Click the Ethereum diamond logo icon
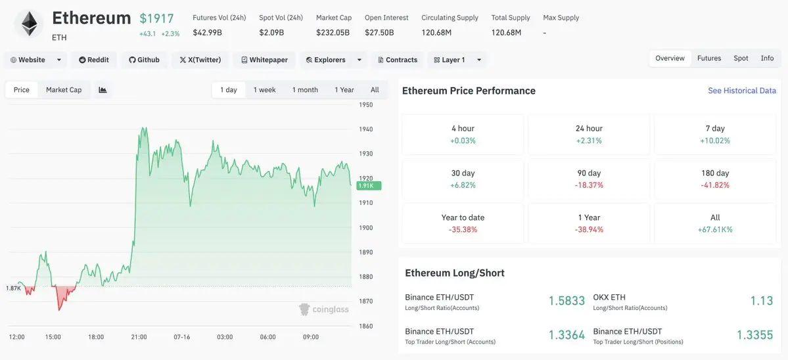tap(29, 24)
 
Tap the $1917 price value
tap(157, 18)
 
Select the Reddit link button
tap(94, 60)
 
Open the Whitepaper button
tap(264, 60)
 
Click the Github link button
tap(144, 60)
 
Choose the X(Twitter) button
tap(200, 60)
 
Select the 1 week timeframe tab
tap(264, 90)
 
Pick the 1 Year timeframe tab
tap(344, 90)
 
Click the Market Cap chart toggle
tap(64, 90)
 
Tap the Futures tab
tap(709, 58)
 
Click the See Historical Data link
tap(742, 91)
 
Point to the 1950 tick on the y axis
tap(365, 105)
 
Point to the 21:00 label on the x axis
tap(139, 337)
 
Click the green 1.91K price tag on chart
tap(369, 186)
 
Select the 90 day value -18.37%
tap(589, 185)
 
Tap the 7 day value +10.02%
tap(715, 141)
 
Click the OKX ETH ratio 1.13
tap(761, 301)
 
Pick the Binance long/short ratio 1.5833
tap(567, 301)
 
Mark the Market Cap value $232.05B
tap(333, 33)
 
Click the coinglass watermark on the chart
tap(323, 309)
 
